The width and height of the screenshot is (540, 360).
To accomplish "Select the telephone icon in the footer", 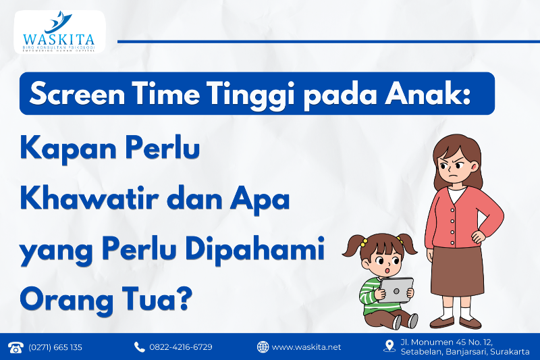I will click(x=15, y=347).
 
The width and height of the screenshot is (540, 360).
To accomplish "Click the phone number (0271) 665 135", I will click(x=55, y=347).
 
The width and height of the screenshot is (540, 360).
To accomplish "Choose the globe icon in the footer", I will click(x=263, y=347).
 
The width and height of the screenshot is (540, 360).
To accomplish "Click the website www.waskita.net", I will click(x=306, y=347).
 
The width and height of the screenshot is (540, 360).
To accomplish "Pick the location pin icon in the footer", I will click(x=389, y=346).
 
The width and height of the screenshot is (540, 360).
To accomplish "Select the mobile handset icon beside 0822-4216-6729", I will click(x=140, y=347).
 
